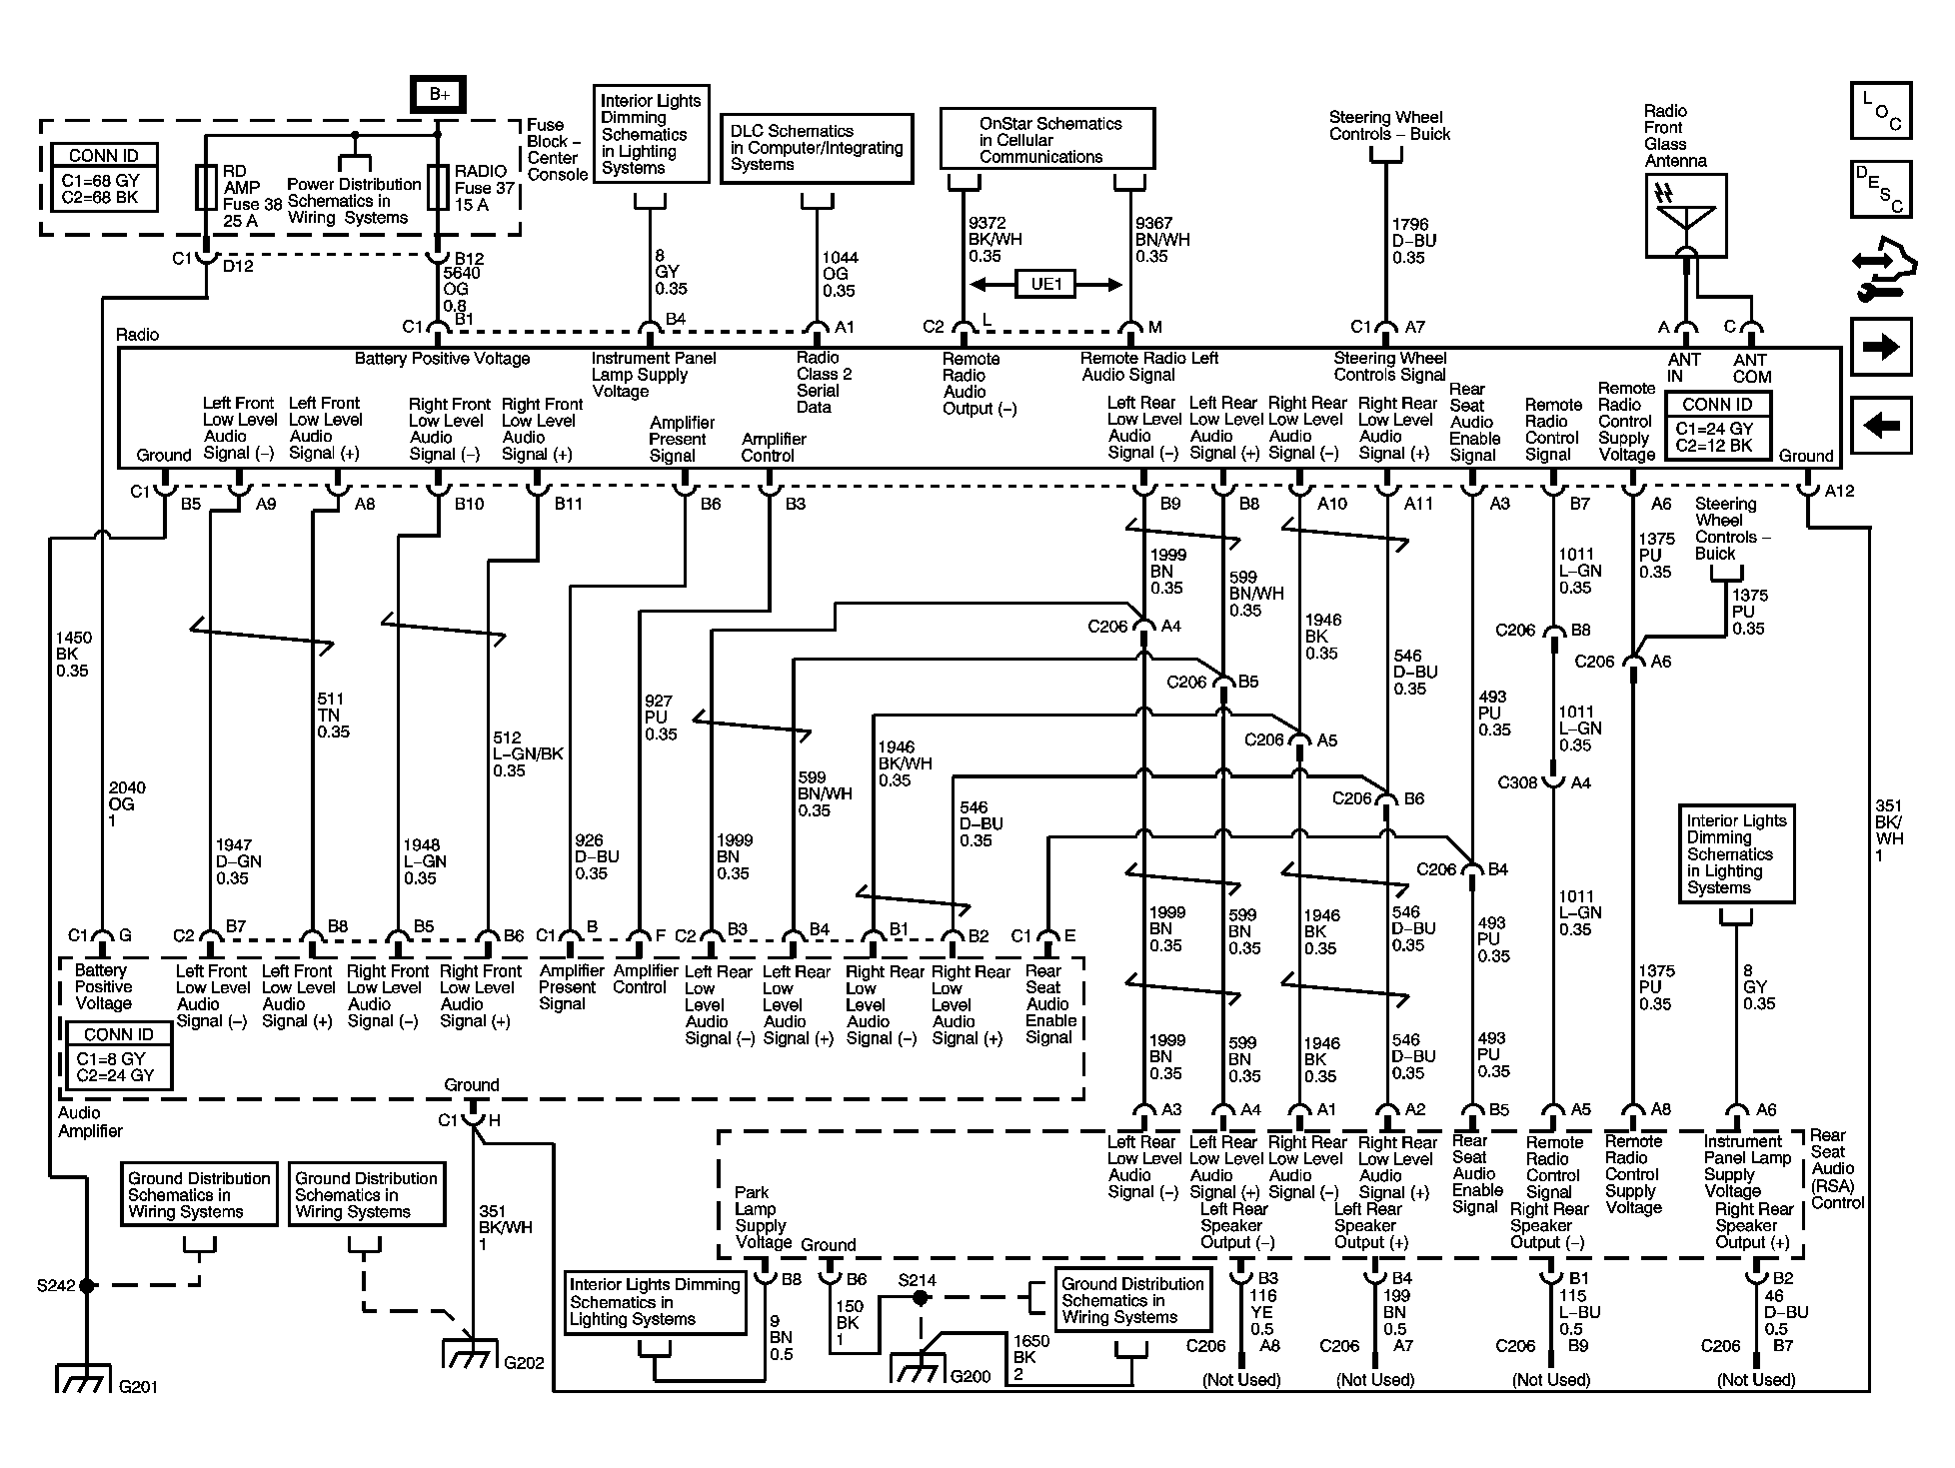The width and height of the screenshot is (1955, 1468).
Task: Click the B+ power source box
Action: tap(438, 94)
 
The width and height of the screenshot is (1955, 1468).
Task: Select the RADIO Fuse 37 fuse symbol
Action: tap(437, 188)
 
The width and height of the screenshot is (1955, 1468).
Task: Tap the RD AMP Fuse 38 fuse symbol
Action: tap(206, 188)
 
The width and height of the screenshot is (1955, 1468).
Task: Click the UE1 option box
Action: tap(1045, 285)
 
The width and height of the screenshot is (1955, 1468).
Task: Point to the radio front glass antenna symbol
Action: tap(1686, 216)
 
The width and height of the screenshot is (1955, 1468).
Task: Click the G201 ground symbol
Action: tap(85, 1378)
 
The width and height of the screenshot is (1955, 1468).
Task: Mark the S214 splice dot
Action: tap(921, 1297)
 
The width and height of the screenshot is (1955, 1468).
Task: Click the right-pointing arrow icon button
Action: tap(1881, 347)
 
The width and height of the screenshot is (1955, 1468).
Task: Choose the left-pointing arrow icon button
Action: tap(1881, 426)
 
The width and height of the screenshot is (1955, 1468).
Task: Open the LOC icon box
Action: tap(1881, 111)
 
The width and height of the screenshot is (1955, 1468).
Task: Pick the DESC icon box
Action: tap(1881, 189)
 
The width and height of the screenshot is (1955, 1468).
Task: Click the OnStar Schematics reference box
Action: tap(1047, 139)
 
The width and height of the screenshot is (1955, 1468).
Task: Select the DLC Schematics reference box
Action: tap(817, 148)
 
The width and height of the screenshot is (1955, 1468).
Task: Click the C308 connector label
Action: tap(1517, 782)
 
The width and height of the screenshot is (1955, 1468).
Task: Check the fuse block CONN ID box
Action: tap(104, 177)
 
